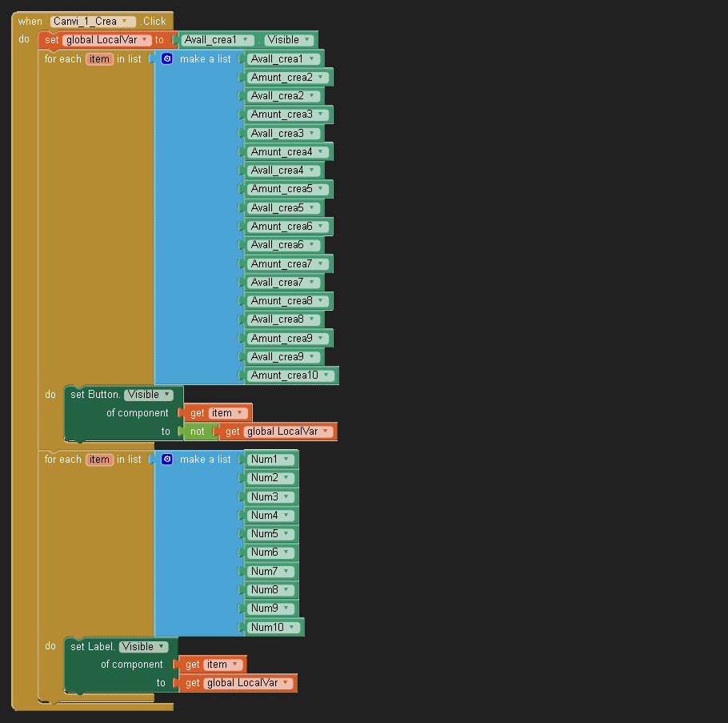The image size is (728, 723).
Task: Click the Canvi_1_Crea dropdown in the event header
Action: pyautogui.click(x=93, y=22)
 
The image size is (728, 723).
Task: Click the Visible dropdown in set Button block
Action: pyautogui.click(x=149, y=395)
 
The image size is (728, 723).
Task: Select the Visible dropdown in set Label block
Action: pyautogui.click(x=144, y=647)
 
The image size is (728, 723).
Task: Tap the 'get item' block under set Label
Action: pyautogui.click(x=212, y=665)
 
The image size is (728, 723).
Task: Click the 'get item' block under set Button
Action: pyautogui.click(x=218, y=413)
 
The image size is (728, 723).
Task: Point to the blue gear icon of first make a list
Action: pyautogui.click(x=167, y=59)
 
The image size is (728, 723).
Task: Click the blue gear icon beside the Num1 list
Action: pyautogui.click(x=167, y=460)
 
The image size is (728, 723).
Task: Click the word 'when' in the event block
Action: pyautogui.click(x=30, y=22)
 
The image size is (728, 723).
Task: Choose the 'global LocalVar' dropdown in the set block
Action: pyautogui.click(x=106, y=40)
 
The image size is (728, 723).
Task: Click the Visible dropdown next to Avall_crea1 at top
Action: pyautogui.click(x=289, y=40)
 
